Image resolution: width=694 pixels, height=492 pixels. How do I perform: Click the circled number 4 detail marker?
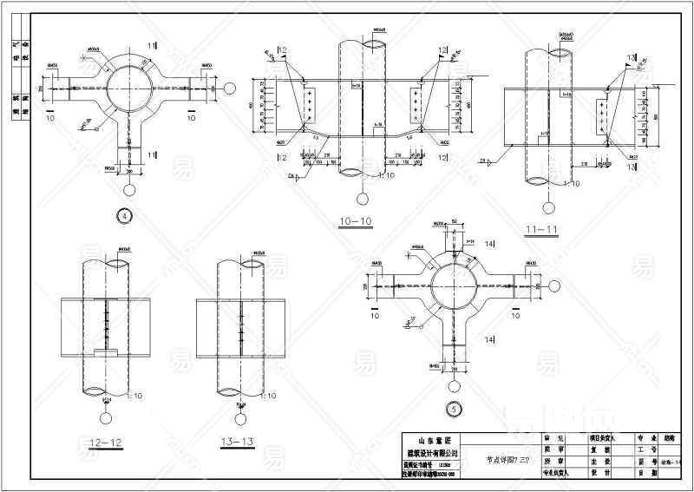pos(127,217)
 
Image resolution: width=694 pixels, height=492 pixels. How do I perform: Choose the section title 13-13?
pos(236,443)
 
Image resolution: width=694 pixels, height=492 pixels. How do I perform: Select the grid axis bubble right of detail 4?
pos(230,88)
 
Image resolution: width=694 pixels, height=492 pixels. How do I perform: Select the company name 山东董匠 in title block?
pos(431,439)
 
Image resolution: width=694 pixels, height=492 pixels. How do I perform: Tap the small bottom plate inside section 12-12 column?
pos(106,354)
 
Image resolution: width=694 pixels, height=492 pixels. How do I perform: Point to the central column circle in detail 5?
pos(451,284)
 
